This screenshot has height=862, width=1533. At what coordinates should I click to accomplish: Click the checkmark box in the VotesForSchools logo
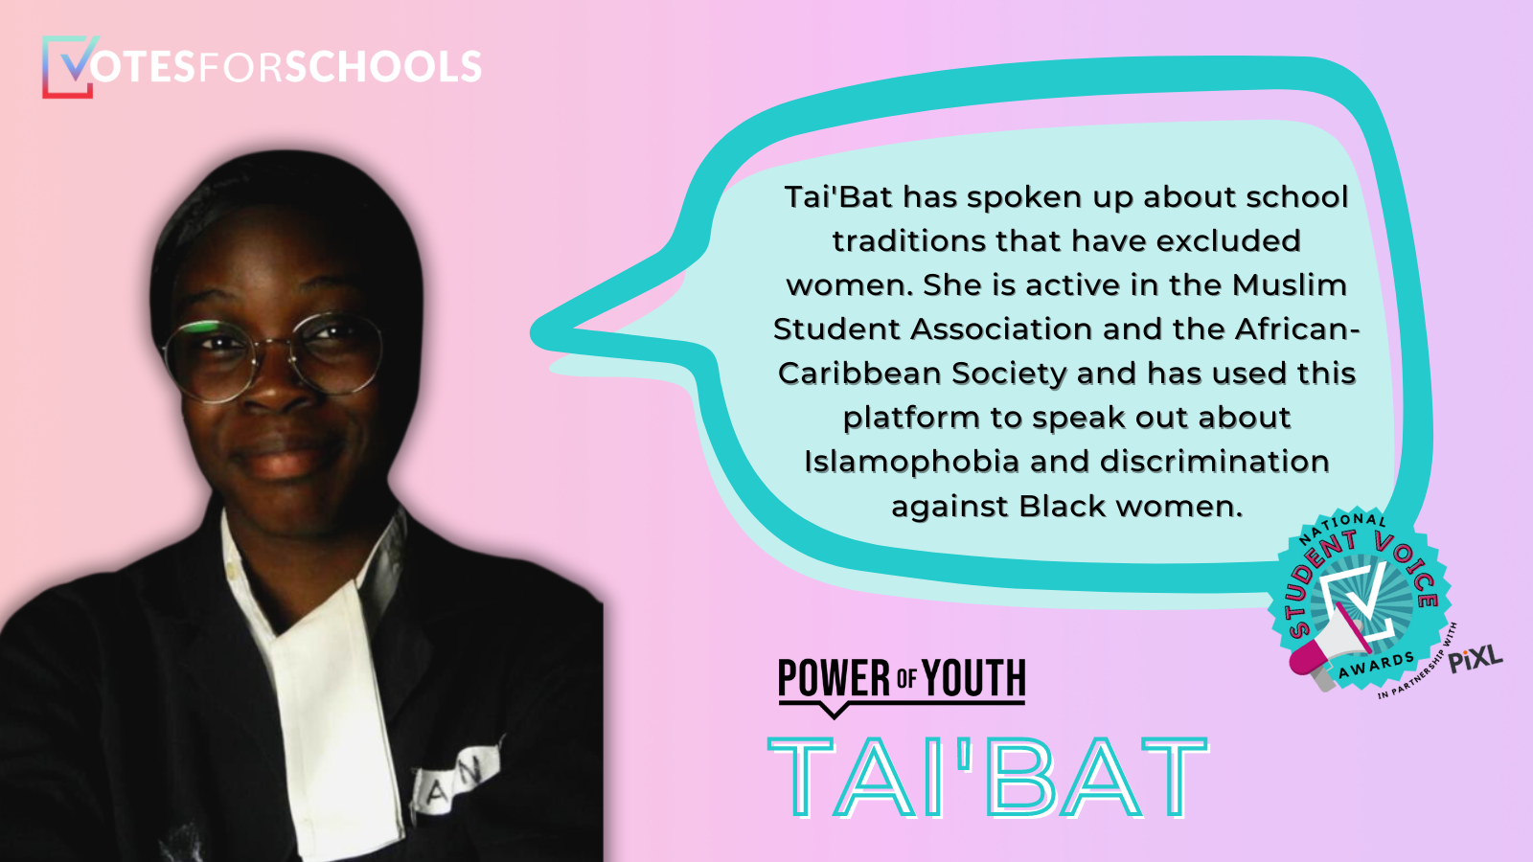coord(68,66)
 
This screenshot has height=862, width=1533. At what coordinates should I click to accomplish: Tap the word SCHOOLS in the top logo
coord(383,66)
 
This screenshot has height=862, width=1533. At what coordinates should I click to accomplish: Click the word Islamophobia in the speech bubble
coord(911,463)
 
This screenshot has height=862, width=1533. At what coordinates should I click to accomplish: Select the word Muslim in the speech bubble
coord(1290,284)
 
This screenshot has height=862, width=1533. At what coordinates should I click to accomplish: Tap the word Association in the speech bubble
coord(1000,329)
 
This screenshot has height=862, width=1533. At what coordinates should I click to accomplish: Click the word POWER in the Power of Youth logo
coord(834,678)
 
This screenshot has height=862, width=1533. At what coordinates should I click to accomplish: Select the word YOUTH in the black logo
coord(973,678)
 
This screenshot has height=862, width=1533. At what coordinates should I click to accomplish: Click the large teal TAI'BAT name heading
coord(988,778)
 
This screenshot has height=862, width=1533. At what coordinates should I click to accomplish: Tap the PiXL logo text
coord(1476,660)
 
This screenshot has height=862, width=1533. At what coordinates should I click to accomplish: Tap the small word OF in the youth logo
coord(906,679)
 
